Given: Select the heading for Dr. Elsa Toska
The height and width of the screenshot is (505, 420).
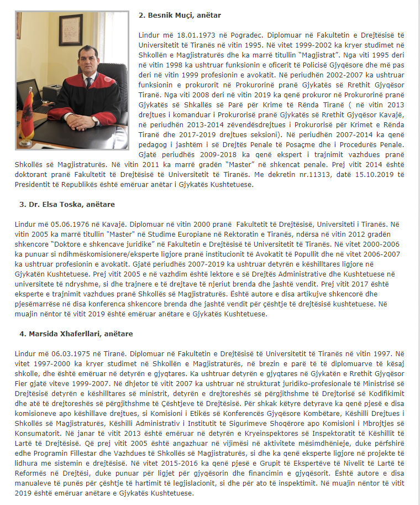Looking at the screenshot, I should coord(67,204).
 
